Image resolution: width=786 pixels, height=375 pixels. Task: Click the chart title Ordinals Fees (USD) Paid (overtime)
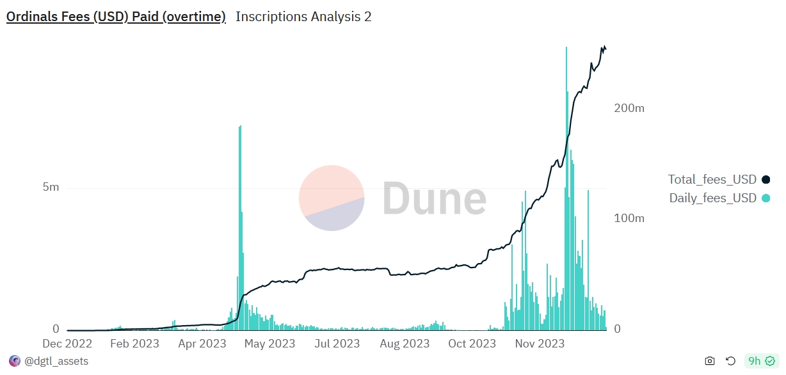pos(116,17)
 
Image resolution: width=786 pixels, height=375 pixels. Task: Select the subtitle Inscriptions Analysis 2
pos(303,17)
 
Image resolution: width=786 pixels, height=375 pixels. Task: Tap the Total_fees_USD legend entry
pos(712,179)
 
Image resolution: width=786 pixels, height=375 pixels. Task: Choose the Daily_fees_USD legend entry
pos(712,198)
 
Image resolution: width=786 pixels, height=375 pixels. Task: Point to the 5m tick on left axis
pos(51,187)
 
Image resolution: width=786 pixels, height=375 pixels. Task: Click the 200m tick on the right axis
pos(629,108)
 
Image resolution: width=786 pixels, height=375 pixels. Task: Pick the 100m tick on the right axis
pos(629,218)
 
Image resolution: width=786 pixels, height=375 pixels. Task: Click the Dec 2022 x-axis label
pos(67,344)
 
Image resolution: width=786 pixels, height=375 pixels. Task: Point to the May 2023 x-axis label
pos(269,344)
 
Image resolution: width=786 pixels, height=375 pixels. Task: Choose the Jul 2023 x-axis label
pos(337,344)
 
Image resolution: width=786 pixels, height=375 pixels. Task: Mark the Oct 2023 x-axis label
pos(472,344)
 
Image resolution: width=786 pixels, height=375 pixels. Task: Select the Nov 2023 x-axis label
pos(540,344)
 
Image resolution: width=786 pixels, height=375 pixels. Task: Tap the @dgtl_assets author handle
pos(56,362)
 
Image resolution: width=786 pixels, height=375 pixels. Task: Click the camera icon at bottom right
pos(710,362)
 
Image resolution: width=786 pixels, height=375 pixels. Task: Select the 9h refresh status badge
pos(761,362)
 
